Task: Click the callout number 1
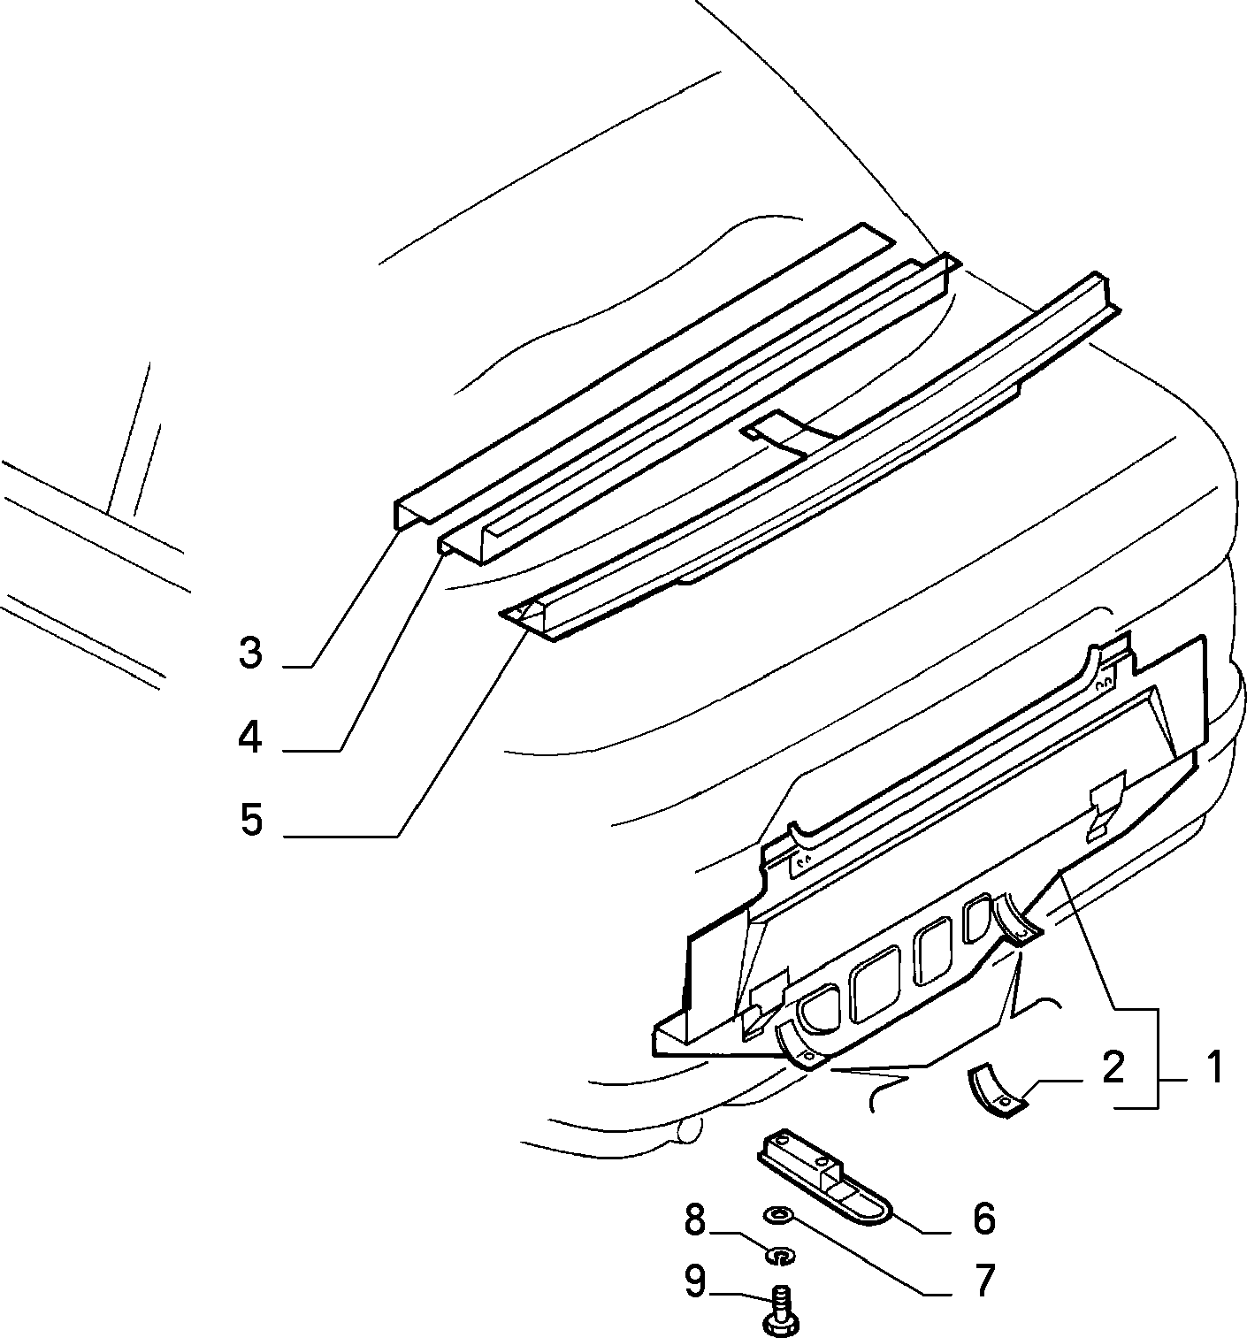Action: (x=1213, y=1069)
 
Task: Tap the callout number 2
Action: (x=1113, y=1068)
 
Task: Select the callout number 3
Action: (x=251, y=652)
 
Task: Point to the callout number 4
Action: (x=250, y=738)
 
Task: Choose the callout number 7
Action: (x=985, y=1280)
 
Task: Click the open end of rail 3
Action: (x=411, y=514)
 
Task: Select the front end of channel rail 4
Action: (x=463, y=546)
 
